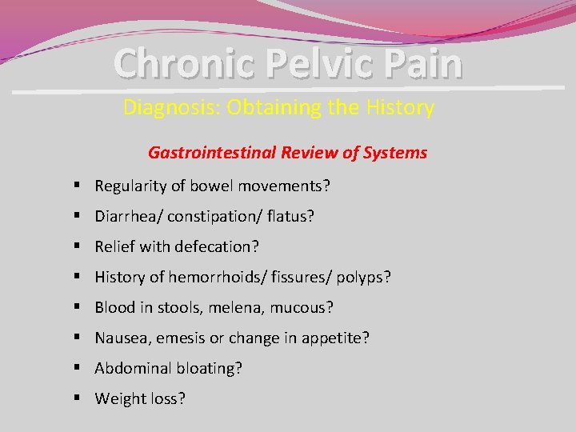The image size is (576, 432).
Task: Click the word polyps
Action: pyautogui.click(x=363, y=278)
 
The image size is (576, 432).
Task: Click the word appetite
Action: pyautogui.click(x=335, y=338)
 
